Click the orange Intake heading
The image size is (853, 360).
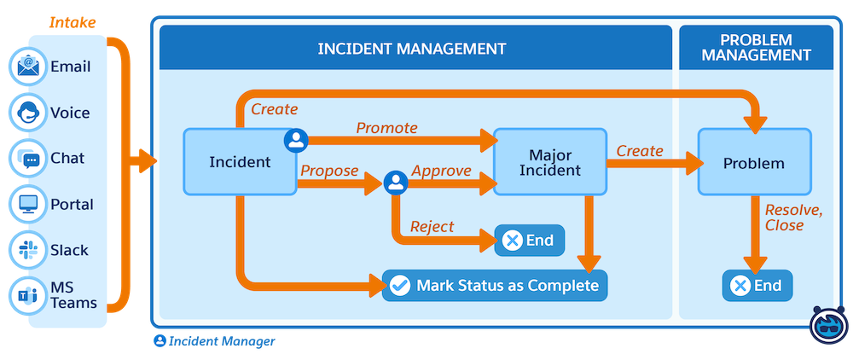coord(72,22)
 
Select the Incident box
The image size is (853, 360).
coord(240,162)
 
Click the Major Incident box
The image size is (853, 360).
coord(549,162)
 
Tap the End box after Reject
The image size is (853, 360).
coord(529,241)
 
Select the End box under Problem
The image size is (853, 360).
coord(757,286)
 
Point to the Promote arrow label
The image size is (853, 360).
coord(386,128)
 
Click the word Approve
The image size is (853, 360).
coord(441,171)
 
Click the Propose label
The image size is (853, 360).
coord(329,171)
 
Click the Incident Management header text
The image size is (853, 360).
coord(411,48)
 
